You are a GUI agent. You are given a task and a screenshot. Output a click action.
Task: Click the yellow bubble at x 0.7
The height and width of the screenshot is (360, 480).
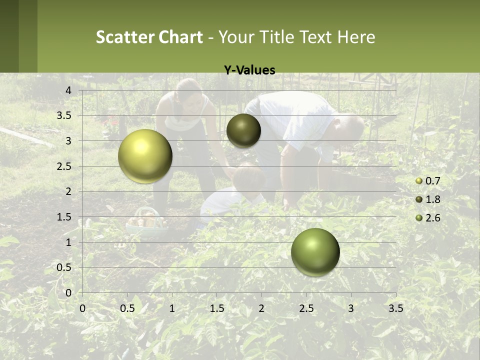pos(145,156)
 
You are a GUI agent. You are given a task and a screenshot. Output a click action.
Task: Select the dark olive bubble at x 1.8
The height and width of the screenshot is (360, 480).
pos(243,130)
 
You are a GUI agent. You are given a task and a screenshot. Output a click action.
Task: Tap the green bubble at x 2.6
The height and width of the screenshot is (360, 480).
pos(315,252)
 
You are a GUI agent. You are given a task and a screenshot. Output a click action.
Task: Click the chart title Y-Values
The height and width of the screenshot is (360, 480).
pos(249,70)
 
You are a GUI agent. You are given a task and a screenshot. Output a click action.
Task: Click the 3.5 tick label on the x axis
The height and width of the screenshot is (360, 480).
pos(396,308)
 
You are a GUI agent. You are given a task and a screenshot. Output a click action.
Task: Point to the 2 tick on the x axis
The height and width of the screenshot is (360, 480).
pos(261,308)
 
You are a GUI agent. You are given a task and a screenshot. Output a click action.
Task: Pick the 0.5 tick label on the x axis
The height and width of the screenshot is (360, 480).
pos(127,308)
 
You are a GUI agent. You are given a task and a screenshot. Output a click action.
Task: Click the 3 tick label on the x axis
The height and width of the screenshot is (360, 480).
pos(351,308)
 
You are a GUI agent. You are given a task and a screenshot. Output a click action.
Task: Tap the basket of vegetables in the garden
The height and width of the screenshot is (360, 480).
pos(146,221)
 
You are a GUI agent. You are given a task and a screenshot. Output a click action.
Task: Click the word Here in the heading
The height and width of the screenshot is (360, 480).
pos(356,37)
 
